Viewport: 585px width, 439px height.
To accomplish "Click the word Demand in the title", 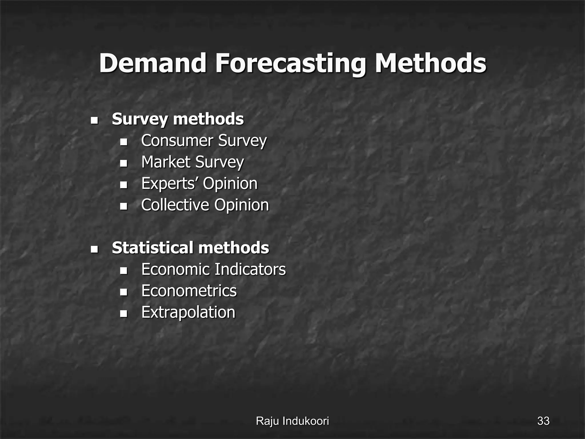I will pyautogui.click(x=153, y=63).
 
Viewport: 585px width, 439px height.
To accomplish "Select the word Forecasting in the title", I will pyautogui.click(x=291, y=63).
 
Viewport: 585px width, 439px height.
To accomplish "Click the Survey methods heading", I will pyautogui.click(x=178, y=119).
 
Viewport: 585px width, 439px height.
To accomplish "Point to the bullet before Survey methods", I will pyautogui.click(x=94, y=120).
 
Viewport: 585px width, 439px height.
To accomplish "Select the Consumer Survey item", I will pyautogui.click(x=204, y=141).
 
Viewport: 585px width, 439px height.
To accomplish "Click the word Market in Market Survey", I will pyautogui.click(x=166, y=162).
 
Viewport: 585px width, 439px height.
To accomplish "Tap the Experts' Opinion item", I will pyautogui.click(x=199, y=183).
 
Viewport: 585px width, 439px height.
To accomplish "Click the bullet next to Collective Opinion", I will pyautogui.click(x=123, y=206).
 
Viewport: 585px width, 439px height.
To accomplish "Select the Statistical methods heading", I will pyautogui.click(x=190, y=248).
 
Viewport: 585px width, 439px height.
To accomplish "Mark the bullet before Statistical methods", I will pyautogui.click(x=94, y=249).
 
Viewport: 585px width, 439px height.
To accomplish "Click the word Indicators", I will pyautogui.click(x=250, y=269).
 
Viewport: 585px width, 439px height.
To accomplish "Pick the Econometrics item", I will pyautogui.click(x=189, y=291).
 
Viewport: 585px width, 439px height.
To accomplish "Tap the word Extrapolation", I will pyautogui.click(x=188, y=312).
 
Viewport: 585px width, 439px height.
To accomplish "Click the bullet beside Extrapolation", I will pyautogui.click(x=123, y=314).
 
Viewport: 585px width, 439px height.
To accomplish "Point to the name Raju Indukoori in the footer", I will pyautogui.click(x=292, y=421).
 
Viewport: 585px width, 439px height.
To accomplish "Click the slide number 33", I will pyautogui.click(x=543, y=421).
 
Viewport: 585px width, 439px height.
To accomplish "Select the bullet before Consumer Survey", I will pyautogui.click(x=123, y=142).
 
